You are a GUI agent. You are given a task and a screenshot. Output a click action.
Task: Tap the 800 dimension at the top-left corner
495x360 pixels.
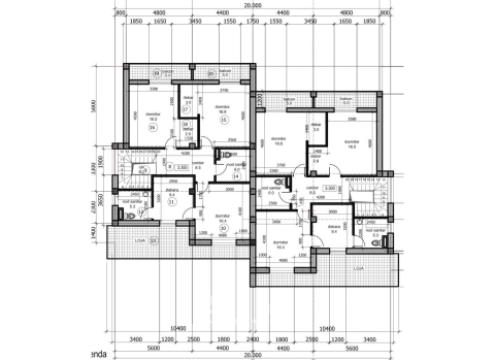pyautogui.click(x=118, y=12)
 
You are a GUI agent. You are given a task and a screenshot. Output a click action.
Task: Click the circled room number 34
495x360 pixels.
pyautogui.click(x=153, y=128)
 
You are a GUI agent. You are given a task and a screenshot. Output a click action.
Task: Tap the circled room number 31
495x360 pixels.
pyautogui.click(x=172, y=201)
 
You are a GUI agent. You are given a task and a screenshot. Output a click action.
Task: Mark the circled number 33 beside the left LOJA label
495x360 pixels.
pyautogui.click(x=154, y=241)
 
